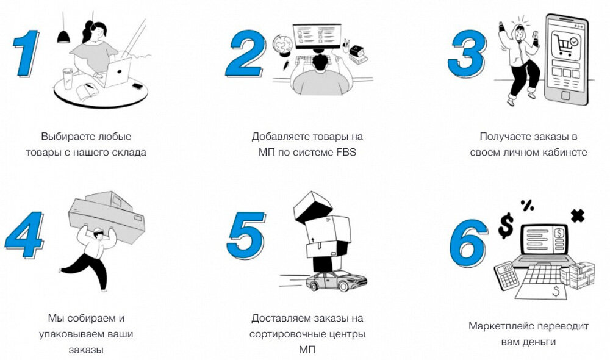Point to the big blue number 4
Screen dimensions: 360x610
click(x=24, y=235)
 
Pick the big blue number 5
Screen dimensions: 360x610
click(x=246, y=235)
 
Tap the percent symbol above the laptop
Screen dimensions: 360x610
click(x=527, y=206)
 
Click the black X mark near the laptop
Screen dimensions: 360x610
click(x=577, y=215)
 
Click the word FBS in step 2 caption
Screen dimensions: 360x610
click(x=344, y=153)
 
